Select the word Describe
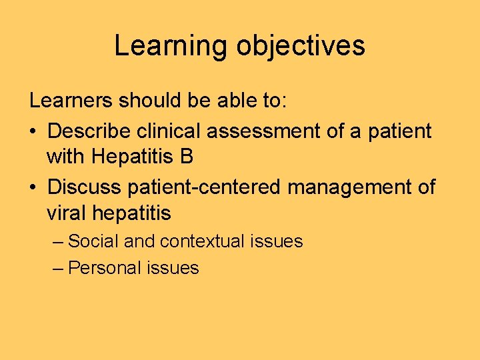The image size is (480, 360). coord(89,131)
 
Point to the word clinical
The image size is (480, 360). coord(169,131)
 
